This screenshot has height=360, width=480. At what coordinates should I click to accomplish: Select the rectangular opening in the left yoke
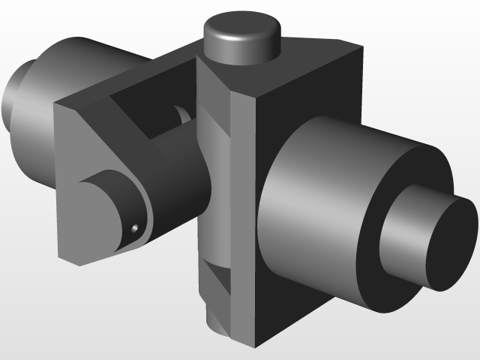pos(146,112)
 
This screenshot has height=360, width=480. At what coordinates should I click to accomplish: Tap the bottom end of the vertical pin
pos(217,322)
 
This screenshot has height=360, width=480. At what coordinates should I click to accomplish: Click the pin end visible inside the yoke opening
pos(181,116)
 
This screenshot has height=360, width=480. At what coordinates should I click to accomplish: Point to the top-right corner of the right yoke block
pos(363,46)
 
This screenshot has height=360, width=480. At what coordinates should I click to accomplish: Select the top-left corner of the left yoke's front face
pos(56,105)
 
